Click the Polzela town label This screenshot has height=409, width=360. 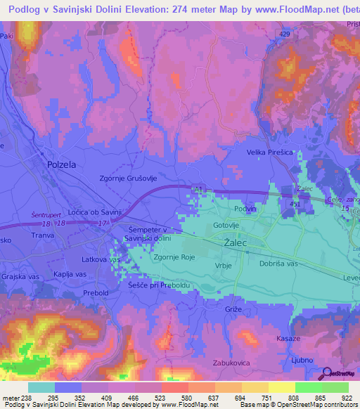click(61, 164)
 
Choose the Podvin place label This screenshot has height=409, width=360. click(246, 209)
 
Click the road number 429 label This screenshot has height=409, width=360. click(283, 34)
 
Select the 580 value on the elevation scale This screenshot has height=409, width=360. click(186, 397)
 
